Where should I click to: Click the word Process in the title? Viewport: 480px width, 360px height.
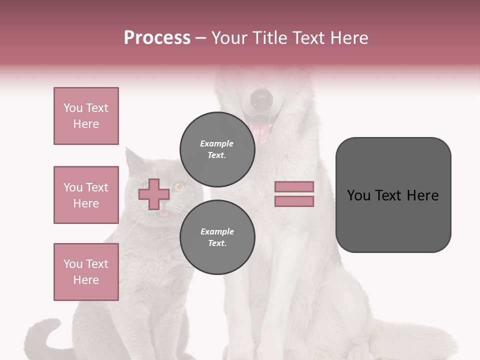click(157, 38)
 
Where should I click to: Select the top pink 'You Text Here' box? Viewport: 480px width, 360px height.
click(86, 116)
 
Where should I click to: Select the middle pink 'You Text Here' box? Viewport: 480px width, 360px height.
click(86, 195)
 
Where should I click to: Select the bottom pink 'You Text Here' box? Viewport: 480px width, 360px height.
click(86, 272)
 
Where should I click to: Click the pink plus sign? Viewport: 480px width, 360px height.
click(154, 194)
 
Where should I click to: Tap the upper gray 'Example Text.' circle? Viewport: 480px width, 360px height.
click(217, 149)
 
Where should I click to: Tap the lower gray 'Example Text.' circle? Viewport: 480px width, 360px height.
click(217, 237)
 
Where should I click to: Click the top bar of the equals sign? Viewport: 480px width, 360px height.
click(294, 186)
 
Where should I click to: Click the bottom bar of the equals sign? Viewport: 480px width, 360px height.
click(294, 201)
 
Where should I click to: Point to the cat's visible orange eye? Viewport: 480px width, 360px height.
click(178, 187)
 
